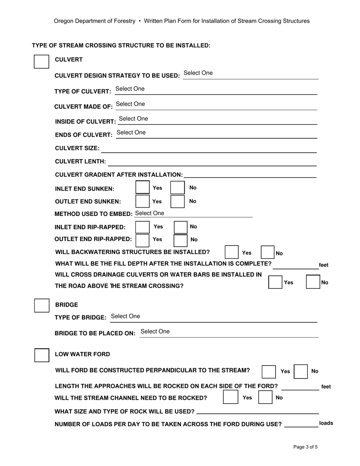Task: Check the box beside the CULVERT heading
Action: click(x=42, y=61)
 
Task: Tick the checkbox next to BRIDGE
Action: click(x=42, y=306)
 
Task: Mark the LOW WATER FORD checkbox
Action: click(x=42, y=355)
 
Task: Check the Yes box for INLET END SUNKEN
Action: click(x=142, y=188)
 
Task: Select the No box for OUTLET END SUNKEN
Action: click(x=177, y=201)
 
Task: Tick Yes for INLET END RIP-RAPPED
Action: click(x=142, y=227)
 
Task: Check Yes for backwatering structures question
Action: click(x=231, y=252)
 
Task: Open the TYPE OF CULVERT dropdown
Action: click(x=130, y=89)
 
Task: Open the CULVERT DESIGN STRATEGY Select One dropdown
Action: click(x=198, y=73)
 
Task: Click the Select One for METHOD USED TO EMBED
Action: click(x=150, y=213)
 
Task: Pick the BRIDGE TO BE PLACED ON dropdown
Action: click(x=155, y=332)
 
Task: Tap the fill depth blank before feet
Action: click(x=296, y=265)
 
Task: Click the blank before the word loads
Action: click(x=301, y=424)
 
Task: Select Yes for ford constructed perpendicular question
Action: click(x=269, y=372)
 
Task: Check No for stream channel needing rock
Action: click(x=265, y=397)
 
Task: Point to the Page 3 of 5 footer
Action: click(x=305, y=447)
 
